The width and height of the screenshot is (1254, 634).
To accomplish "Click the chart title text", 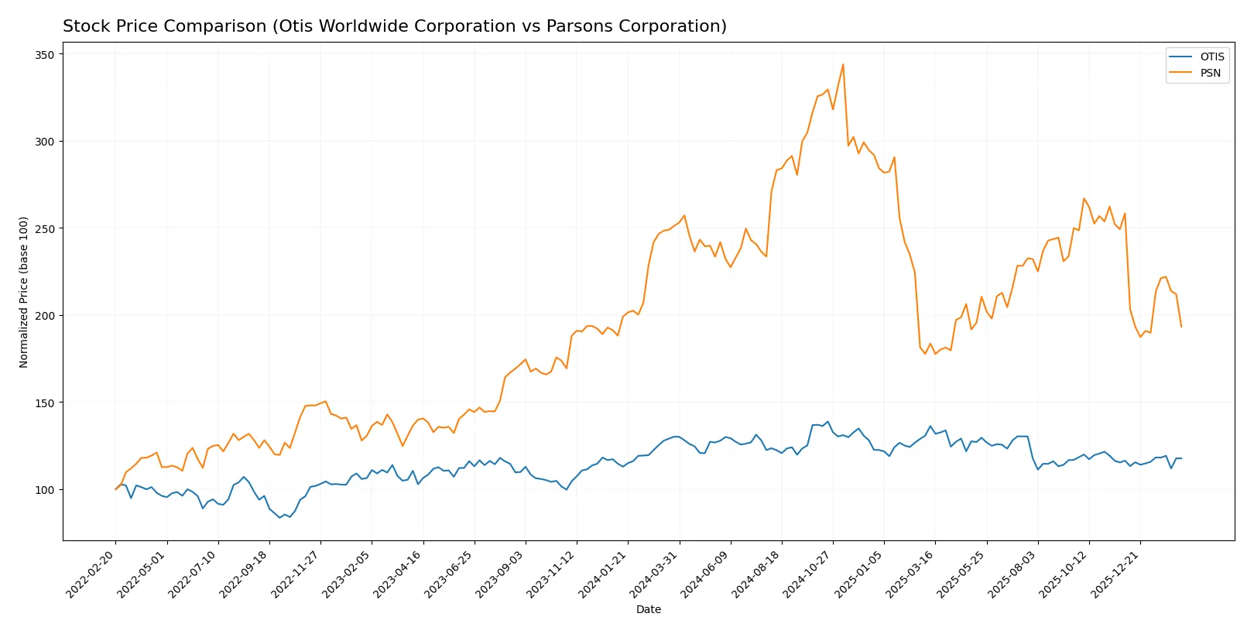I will tap(395, 26).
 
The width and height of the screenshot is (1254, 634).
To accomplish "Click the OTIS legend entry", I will tap(1211, 57).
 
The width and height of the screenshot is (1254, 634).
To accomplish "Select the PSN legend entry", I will tap(1210, 74).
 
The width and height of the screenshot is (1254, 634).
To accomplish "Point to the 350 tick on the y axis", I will tap(44, 55).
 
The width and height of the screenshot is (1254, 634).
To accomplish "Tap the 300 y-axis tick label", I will tap(44, 142).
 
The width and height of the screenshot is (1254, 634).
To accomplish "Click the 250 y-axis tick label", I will tap(44, 229).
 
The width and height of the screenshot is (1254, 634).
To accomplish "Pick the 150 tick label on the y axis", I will tap(44, 403).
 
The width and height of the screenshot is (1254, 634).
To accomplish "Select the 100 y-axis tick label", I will tap(44, 490).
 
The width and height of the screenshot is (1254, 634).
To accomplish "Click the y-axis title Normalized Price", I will tap(24, 292).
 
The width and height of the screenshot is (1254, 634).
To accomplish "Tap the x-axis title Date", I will tap(648, 610).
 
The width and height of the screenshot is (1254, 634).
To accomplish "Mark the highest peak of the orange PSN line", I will tap(843, 64).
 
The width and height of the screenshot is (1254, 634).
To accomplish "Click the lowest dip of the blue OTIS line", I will tap(279, 517).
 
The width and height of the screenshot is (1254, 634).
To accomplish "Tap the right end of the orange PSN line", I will tap(1181, 327).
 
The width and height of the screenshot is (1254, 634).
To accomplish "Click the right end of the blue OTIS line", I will tap(1181, 458).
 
